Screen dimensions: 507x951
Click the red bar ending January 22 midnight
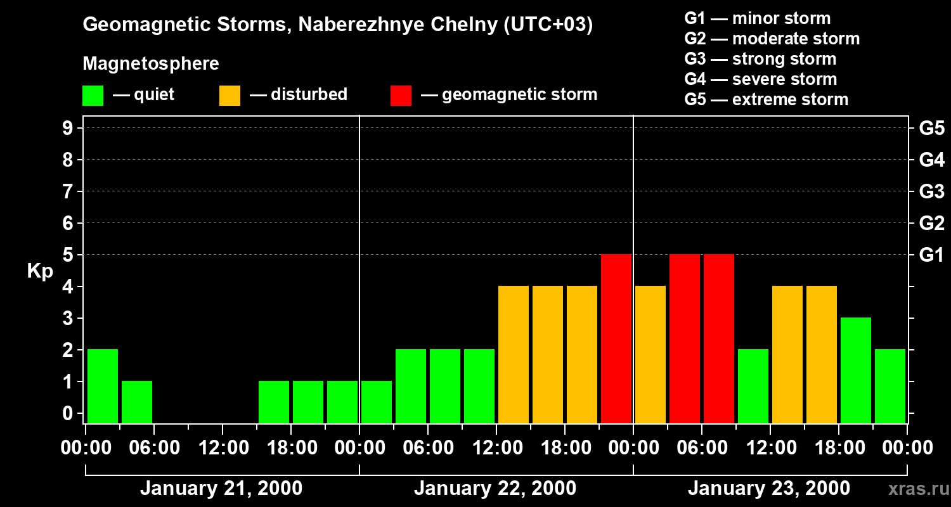click(x=616, y=338)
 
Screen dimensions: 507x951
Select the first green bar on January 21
click(x=103, y=385)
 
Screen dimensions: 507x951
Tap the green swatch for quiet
click(x=93, y=96)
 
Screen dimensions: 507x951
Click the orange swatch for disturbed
click(x=230, y=96)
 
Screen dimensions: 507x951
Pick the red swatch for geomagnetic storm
click(x=401, y=96)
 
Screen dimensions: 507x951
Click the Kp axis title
click(x=40, y=271)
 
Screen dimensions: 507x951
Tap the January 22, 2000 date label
click(x=495, y=489)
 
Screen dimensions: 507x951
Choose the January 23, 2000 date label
click(x=769, y=489)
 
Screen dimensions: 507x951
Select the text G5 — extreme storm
click(x=766, y=99)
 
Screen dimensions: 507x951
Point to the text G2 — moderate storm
click(x=772, y=39)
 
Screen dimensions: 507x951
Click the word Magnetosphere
click(x=151, y=64)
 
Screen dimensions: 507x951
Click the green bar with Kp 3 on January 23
click(x=856, y=370)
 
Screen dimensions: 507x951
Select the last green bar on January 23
click(x=890, y=385)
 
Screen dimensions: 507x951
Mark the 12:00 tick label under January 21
click(x=223, y=448)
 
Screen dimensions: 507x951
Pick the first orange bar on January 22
click(x=514, y=354)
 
